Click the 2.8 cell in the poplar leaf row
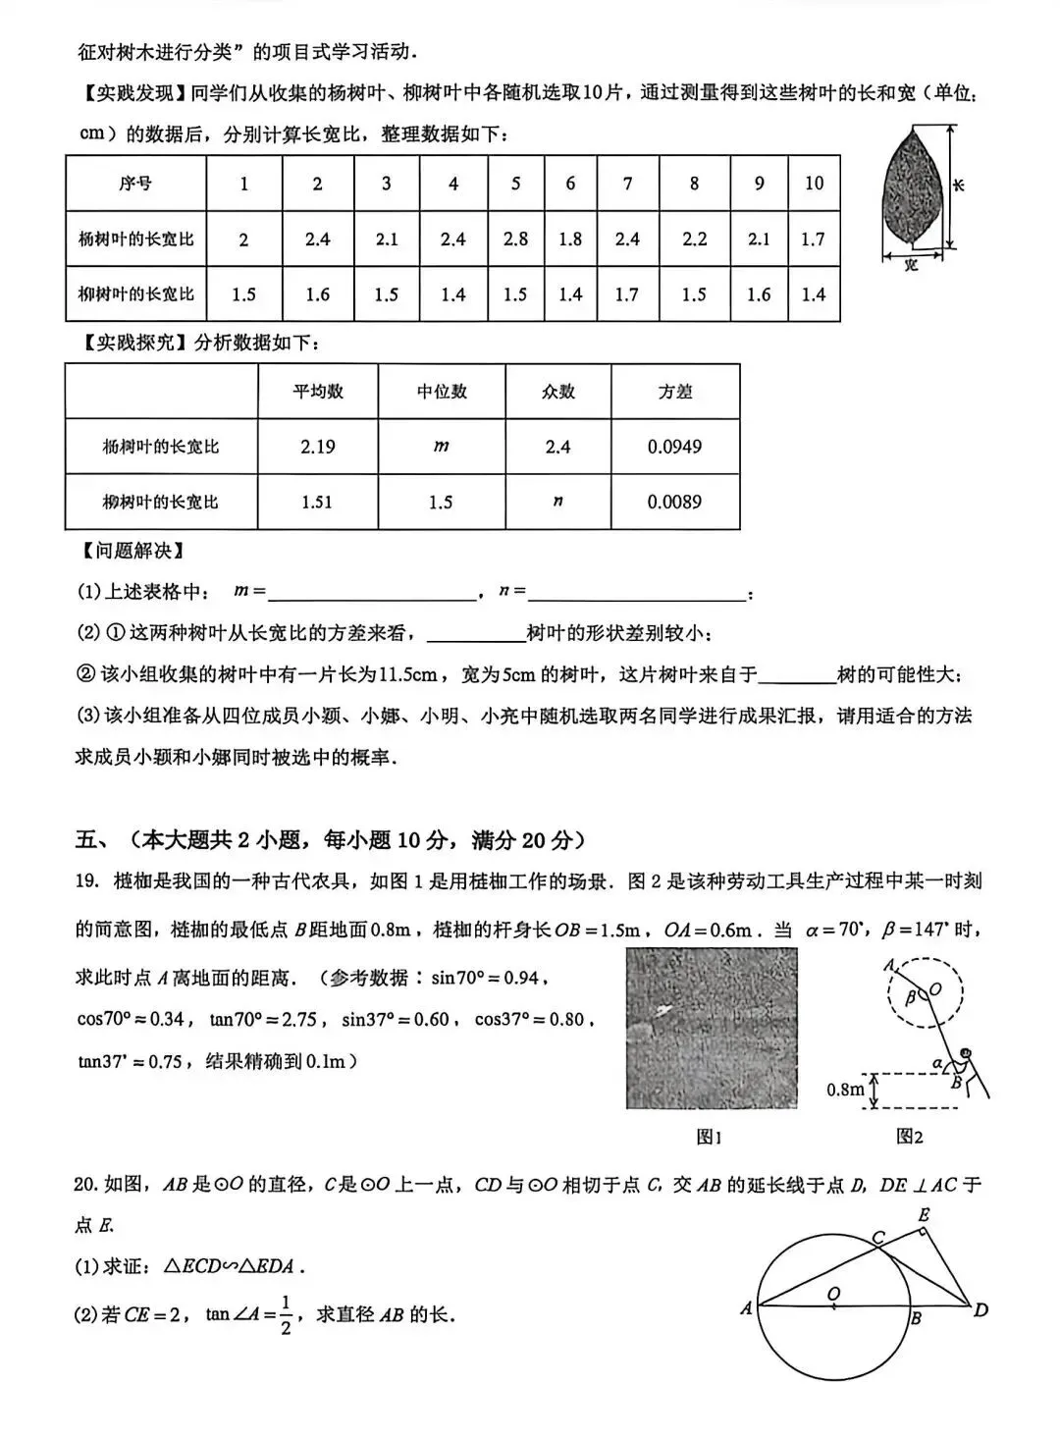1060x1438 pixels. tap(515, 240)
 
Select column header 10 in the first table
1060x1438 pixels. tap(814, 184)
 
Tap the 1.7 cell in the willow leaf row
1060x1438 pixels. tap(626, 294)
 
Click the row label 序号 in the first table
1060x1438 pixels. tap(135, 184)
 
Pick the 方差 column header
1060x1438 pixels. tap(674, 392)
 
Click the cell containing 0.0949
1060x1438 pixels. tap(674, 447)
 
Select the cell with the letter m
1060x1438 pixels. tap(441, 447)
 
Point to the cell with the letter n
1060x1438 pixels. tap(557, 502)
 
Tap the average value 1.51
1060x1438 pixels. tap(317, 502)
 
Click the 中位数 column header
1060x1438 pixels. tap(441, 392)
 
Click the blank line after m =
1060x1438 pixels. tap(371, 593)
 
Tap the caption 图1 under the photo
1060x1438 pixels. tap(709, 1137)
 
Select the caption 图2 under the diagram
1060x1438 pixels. tap(909, 1137)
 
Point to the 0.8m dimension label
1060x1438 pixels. tap(845, 1090)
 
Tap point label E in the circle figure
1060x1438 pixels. tap(924, 1215)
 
